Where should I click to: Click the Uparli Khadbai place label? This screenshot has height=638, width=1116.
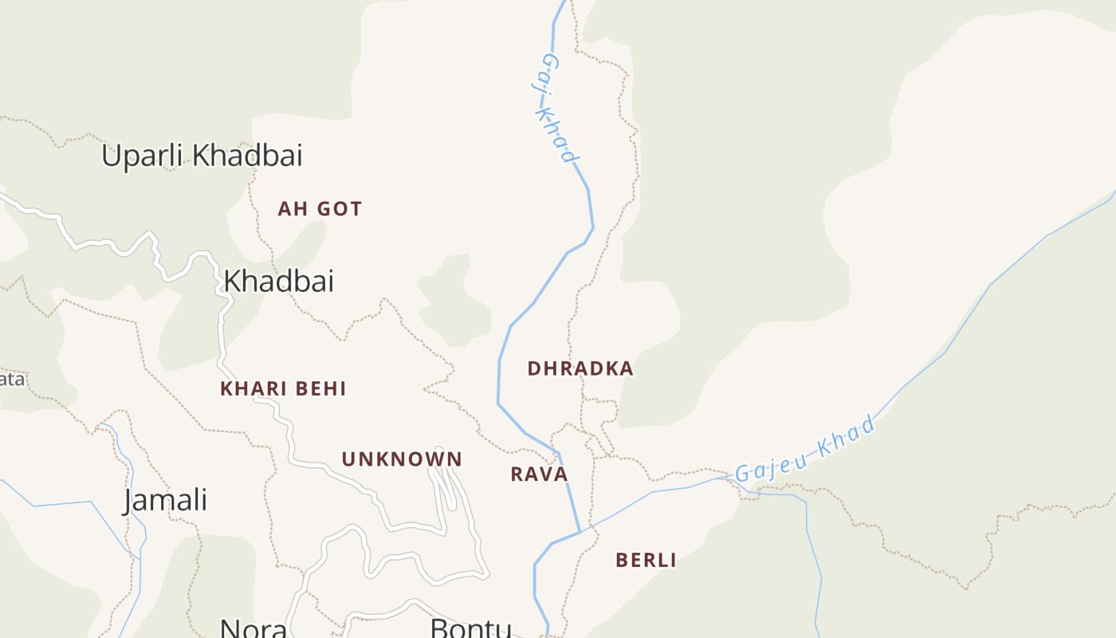tap(202, 156)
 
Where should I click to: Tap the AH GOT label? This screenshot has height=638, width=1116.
tap(320, 209)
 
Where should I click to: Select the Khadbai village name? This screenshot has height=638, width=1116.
tap(278, 281)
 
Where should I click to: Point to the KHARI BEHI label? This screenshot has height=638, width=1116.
tap(283, 389)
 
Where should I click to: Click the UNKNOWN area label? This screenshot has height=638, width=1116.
tap(402, 459)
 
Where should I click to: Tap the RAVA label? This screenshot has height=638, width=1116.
tap(539, 475)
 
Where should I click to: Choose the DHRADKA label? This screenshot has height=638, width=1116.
tap(580, 368)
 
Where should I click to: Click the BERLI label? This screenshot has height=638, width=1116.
tap(646, 560)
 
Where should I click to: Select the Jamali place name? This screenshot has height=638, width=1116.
tap(165, 501)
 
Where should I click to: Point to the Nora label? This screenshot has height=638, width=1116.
tap(253, 628)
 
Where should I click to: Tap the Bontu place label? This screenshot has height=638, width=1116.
tap(470, 628)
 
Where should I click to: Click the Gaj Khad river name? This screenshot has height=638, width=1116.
tap(558, 108)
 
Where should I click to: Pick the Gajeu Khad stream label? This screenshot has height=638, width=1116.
tap(805, 450)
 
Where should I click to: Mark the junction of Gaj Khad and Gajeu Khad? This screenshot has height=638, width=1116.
tap(580, 532)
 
